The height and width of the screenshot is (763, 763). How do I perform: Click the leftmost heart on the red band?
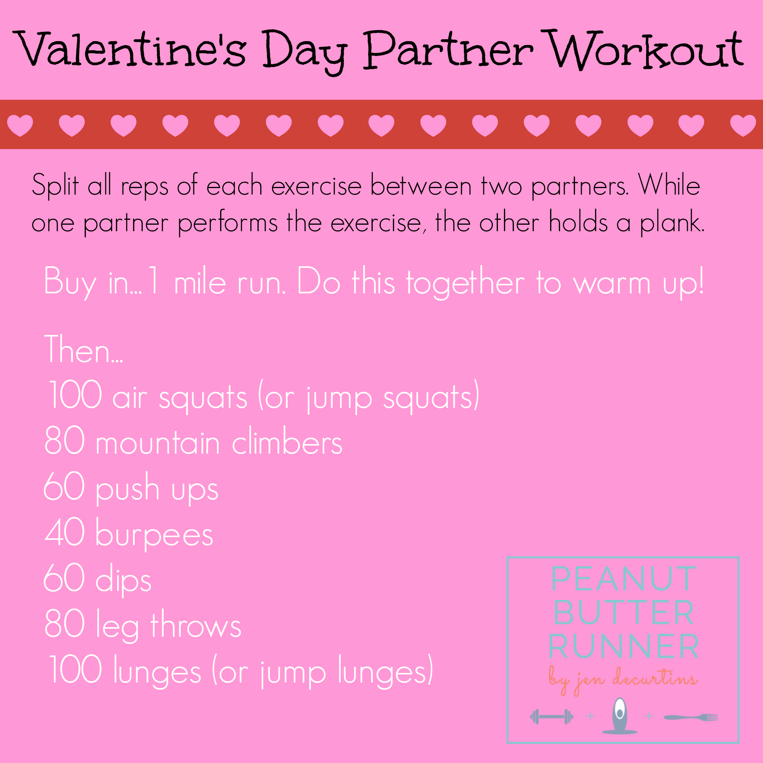(20, 126)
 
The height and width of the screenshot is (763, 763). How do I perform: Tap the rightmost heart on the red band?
(743, 126)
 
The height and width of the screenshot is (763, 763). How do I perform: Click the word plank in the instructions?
(672, 223)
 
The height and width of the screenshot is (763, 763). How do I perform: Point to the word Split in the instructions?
(55, 186)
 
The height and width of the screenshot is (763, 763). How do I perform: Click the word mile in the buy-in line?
(200, 282)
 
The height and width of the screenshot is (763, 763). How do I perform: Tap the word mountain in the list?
(158, 441)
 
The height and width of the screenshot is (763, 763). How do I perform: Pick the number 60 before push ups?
(64, 486)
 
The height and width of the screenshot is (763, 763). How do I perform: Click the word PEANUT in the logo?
(624, 579)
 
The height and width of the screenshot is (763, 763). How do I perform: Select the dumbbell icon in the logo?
(552, 716)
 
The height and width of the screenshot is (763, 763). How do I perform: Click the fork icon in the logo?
(691, 717)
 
